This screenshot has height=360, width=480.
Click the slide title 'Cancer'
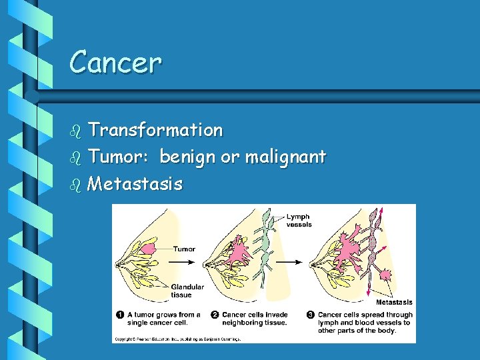pos(115,63)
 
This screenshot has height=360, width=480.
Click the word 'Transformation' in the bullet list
pos(155,130)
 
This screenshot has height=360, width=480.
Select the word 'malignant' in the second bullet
pos(285,157)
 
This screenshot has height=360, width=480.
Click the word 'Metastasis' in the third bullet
pos(135,183)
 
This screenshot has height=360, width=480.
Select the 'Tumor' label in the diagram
pos(184,249)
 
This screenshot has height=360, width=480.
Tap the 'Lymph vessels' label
pos(299,221)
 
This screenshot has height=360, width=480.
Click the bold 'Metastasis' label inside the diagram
pos(394,303)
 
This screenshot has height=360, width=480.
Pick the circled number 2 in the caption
pos(215,315)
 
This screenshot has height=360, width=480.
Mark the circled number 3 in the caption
pos(310,315)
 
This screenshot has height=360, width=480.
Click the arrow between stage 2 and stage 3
pos(287,262)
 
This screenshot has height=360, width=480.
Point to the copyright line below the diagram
pos(177,339)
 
